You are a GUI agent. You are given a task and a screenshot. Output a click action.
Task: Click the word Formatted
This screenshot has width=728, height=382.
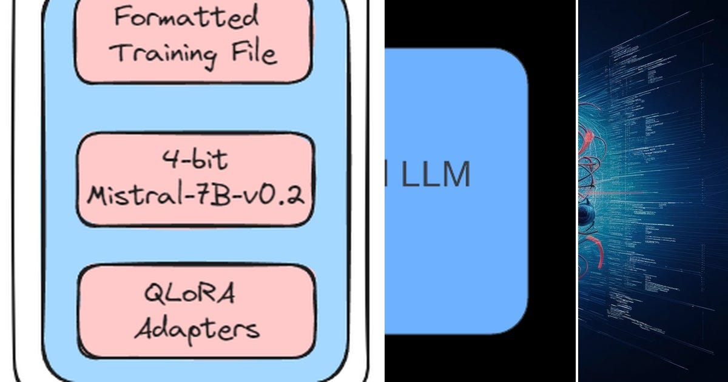pos(186,17)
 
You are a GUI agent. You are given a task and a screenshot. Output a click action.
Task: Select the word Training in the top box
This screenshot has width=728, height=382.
pos(165,53)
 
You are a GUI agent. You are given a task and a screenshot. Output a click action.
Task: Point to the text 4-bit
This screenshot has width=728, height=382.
pos(195,160)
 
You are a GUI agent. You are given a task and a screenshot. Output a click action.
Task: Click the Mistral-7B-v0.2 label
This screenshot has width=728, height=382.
pos(195,195)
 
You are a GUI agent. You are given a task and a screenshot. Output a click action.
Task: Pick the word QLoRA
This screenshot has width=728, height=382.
pos(189,294)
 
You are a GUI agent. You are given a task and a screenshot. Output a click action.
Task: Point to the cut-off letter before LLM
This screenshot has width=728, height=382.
pos(389,175)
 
